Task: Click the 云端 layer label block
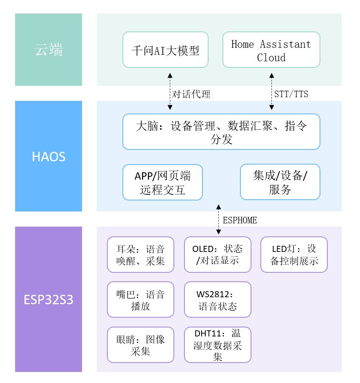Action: point(49,50)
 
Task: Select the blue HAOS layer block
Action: point(49,156)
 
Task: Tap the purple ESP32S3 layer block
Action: point(49,299)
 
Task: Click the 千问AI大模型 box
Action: point(165,50)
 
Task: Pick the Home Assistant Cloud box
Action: point(271,50)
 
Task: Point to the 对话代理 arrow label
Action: point(191,94)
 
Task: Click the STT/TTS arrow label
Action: point(291,94)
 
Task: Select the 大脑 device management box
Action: point(221,132)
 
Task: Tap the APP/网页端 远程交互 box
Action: point(162,183)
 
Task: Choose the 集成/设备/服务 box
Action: point(280,182)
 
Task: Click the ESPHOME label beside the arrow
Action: point(240,220)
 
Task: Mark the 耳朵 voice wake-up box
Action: point(140,254)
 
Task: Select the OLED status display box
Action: point(218,254)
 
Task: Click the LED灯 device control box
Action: point(294,254)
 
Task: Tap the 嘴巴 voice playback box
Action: point(140,299)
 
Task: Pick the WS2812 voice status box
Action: point(218,299)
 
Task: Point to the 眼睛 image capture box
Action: point(140,345)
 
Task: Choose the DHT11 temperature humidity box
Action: point(218,345)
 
